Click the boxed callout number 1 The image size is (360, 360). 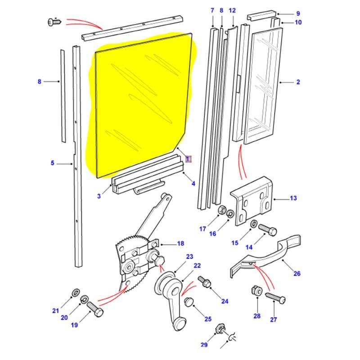[x=188, y=159]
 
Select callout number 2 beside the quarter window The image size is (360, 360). [x=298, y=82]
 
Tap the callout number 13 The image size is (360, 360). [x=293, y=198]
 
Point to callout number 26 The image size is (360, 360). [x=297, y=273]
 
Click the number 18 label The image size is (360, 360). [x=180, y=243]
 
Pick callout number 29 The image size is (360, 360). [x=204, y=345]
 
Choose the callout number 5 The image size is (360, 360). [x=52, y=163]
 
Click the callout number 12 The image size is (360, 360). [x=232, y=10]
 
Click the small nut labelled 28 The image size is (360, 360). [x=255, y=291]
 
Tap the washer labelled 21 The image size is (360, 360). [x=75, y=294]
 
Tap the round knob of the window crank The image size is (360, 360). [x=180, y=323]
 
